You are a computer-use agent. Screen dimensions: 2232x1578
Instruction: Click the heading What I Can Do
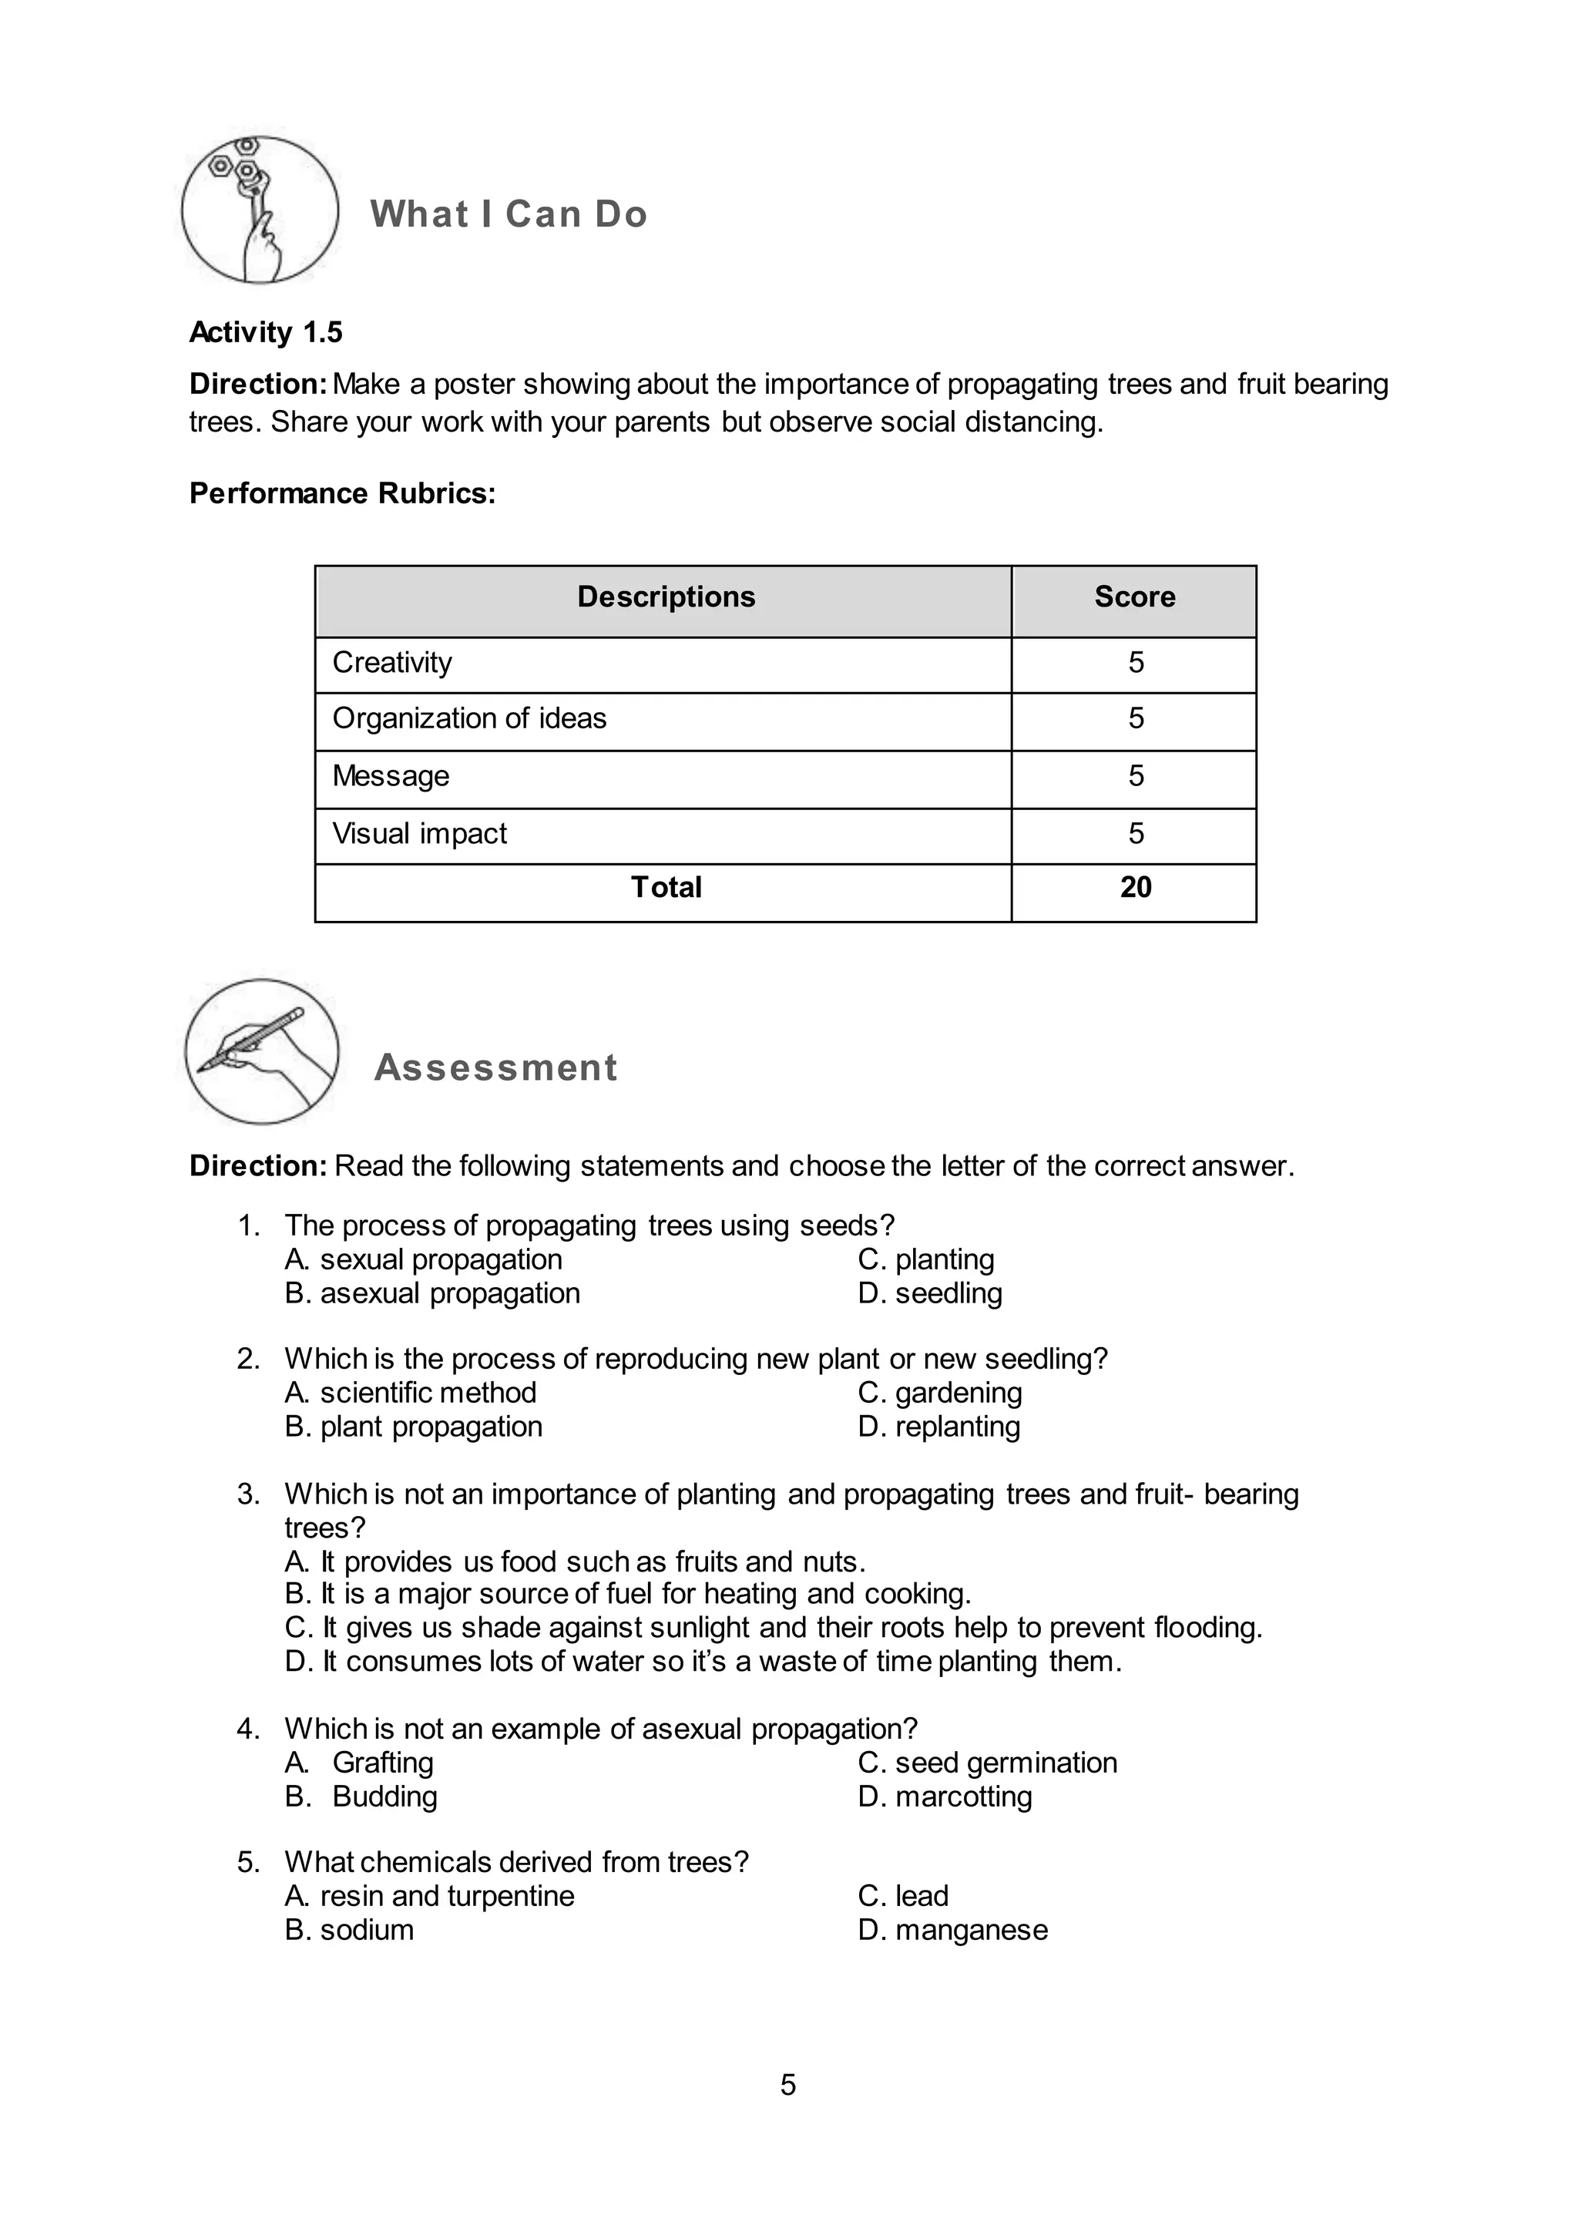(509, 213)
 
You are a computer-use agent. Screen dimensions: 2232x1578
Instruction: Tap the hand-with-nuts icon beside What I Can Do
(260, 210)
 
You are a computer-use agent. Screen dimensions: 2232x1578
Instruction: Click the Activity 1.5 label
(265, 332)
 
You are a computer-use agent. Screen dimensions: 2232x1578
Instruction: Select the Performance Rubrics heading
(342, 494)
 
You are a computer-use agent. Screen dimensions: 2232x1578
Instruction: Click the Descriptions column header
(666, 597)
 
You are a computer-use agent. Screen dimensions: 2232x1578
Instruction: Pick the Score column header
(1134, 597)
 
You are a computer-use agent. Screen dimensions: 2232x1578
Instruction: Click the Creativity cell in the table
(392, 663)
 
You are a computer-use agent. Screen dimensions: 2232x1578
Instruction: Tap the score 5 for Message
(1135, 776)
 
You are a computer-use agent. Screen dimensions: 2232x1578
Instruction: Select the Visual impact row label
(420, 834)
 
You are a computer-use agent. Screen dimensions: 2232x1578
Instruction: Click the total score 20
(1135, 888)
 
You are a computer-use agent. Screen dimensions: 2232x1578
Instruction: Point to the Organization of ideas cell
(469, 718)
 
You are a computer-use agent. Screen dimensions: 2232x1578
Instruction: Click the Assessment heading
(495, 1067)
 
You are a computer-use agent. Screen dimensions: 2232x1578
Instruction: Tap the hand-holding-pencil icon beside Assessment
(261, 1052)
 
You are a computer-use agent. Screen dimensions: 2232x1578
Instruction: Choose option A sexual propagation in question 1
(424, 1260)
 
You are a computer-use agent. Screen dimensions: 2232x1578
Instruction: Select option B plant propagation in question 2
(414, 1427)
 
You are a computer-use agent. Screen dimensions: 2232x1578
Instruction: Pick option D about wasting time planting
(703, 1662)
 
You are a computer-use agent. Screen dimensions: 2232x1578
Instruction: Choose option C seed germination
(987, 1763)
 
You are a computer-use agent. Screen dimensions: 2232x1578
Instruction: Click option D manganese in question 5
(952, 1930)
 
